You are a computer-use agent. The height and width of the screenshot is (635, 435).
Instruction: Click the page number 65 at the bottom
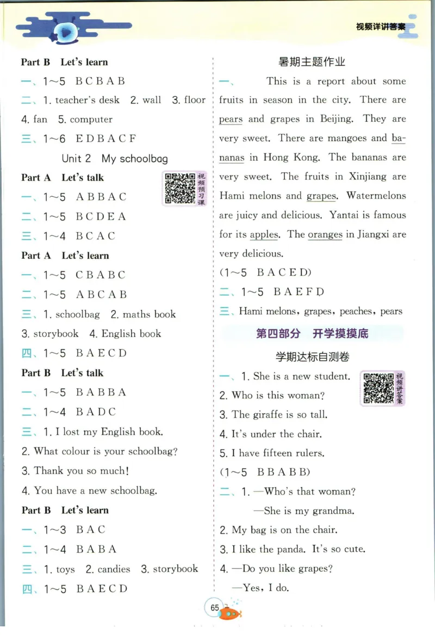pos(214,607)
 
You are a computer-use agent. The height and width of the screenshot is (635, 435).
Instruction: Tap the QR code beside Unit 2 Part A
pos(179,188)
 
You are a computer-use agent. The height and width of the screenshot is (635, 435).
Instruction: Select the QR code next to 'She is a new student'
pos(378,388)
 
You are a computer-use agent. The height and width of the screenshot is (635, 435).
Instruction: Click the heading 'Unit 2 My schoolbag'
pos(115,159)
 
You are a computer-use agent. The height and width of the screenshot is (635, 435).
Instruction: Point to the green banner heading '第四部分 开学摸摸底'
pos(312,333)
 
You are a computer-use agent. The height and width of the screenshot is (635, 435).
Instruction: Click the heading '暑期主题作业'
pos(312,62)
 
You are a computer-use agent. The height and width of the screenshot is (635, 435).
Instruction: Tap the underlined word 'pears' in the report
pos(231,119)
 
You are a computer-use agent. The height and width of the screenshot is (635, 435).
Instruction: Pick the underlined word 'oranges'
pos(325,235)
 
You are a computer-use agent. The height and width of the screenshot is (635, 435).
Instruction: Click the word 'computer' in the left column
pos(91,120)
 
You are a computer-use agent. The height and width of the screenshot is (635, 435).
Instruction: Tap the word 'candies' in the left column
pos(114,569)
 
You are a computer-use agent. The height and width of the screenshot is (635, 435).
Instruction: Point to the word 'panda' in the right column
pos(289,549)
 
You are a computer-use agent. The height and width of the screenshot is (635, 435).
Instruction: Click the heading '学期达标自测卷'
pos(312,357)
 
